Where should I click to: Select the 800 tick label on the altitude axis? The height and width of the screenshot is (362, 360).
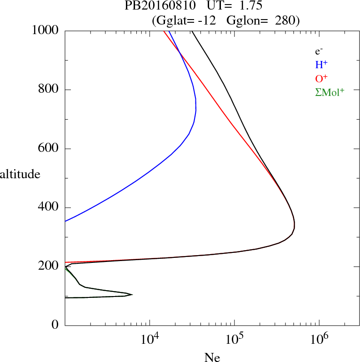tap(49, 90)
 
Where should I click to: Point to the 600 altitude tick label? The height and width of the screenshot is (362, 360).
tap(49, 149)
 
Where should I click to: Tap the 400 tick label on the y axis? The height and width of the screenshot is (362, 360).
tap(49, 208)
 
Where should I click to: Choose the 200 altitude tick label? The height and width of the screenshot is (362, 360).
tap(49, 266)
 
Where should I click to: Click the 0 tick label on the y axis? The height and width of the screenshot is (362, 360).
tap(56, 326)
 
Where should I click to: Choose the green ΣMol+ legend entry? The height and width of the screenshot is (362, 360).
tap(330, 92)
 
